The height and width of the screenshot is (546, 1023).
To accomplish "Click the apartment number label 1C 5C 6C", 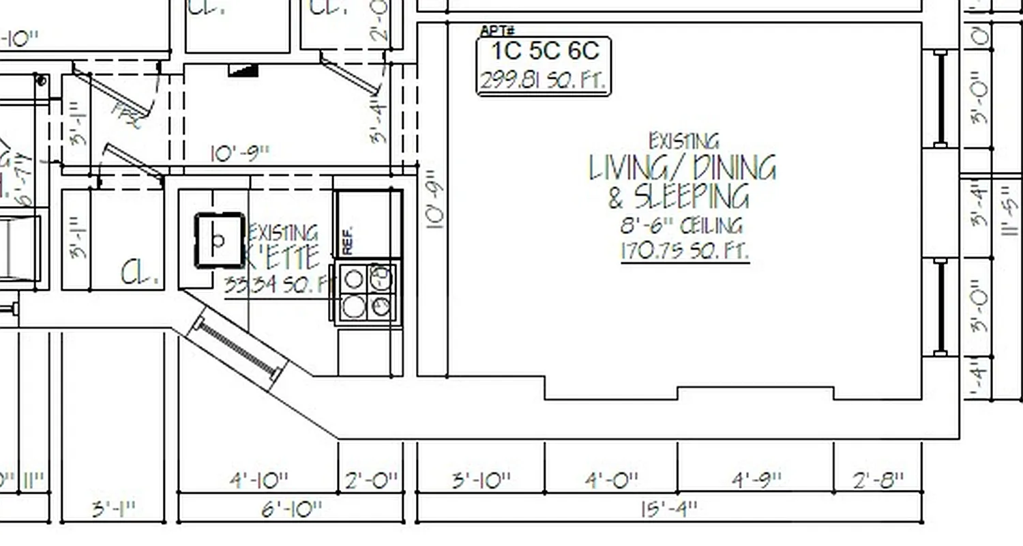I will [x=545, y=51].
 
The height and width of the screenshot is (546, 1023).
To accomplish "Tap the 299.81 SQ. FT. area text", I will [x=543, y=81].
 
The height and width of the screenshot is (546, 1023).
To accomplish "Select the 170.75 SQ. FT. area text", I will [x=684, y=251].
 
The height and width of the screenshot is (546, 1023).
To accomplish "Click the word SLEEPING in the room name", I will [x=691, y=197].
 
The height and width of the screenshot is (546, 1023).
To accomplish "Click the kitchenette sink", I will [x=220, y=240].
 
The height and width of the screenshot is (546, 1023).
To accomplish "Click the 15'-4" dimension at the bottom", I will [x=669, y=509].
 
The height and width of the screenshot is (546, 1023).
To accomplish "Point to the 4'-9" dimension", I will [x=756, y=480].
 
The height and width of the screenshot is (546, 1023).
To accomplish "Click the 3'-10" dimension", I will [x=481, y=480].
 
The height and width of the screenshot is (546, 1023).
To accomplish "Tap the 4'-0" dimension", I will [x=611, y=480].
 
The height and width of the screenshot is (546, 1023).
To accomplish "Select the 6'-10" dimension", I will [x=292, y=509].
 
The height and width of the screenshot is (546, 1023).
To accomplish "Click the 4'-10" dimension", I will [x=258, y=480].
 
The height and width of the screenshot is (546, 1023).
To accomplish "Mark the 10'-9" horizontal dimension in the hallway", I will [x=240, y=153].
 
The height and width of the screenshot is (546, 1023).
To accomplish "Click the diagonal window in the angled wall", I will [x=238, y=348].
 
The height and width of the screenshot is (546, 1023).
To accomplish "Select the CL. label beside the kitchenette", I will [x=141, y=273].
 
